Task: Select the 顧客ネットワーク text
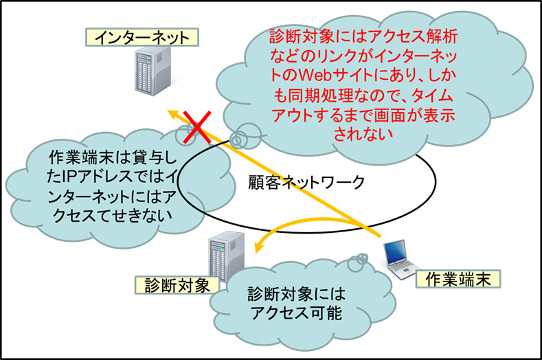pyautogui.click(x=306, y=183)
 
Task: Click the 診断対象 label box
pyautogui.click(x=177, y=284)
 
